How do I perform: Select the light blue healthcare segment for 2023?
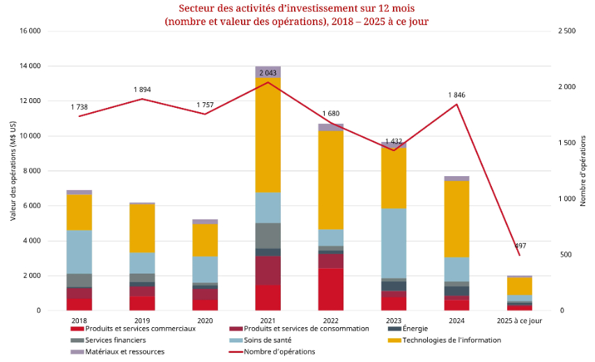pyautogui.click(x=393, y=244)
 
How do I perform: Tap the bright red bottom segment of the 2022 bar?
pyautogui.click(x=331, y=289)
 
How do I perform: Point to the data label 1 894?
pyautogui.click(x=142, y=90)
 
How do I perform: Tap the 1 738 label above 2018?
pyautogui.click(x=79, y=107)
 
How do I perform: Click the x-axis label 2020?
pyautogui.click(x=205, y=320)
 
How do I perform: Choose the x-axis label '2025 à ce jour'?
pyautogui.click(x=519, y=320)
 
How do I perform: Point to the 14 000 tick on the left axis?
pyautogui.click(x=30, y=66)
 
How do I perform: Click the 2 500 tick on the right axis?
pyautogui.click(x=567, y=31)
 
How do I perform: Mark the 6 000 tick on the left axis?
pyautogui.click(x=32, y=206)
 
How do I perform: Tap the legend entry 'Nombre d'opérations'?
pyautogui.click(x=279, y=352)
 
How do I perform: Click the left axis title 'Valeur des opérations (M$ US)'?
pyautogui.click(x=13, y=171)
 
